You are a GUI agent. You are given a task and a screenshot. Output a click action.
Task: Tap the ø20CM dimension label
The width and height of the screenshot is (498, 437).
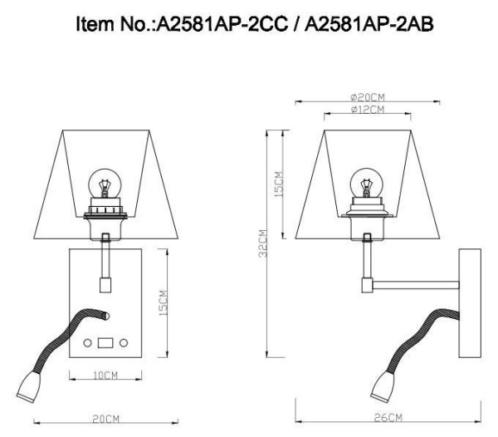pyautogui.click(x=366, y=97)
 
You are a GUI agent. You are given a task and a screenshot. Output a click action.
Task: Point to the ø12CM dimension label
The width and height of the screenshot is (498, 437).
pyautogui.click(x=366, y=110)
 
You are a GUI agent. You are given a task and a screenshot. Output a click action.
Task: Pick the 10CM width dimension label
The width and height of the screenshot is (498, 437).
pyautogui.click(x=104, y=376)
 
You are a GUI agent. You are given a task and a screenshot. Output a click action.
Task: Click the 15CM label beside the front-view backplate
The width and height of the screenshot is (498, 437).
pyautogui.click(x=164, y=302)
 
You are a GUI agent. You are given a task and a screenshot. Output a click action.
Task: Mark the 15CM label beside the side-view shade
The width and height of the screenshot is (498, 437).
pyautogui.click(x=279, y=184)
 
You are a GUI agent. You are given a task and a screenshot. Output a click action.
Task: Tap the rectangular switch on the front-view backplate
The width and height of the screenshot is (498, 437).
pyautogui.click(x=105, y=342)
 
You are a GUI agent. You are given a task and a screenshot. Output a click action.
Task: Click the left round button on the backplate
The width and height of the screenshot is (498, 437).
pyautogui.click(x=87, y=342)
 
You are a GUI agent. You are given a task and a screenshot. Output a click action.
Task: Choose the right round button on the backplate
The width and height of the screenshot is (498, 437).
pyautogui.click(x=123, y=342)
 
